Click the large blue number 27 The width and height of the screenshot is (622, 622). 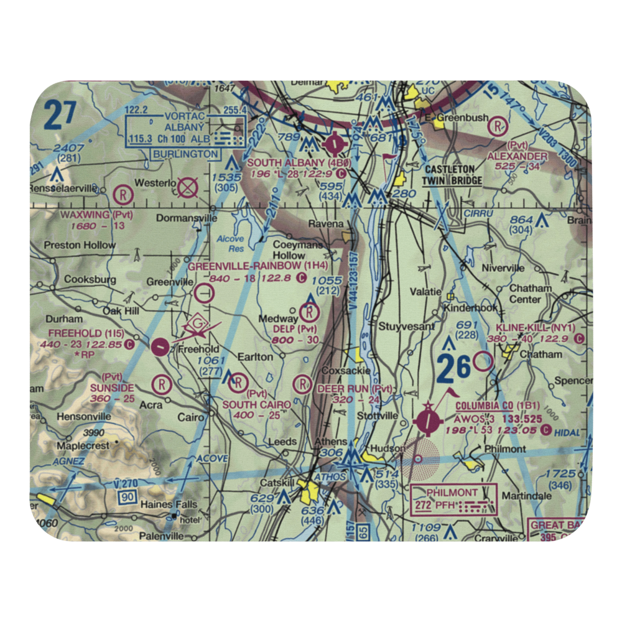click(x=60, y=116)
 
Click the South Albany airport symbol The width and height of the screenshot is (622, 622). click(x=335, y=145)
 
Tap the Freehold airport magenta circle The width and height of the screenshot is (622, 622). click(x=160, y=346)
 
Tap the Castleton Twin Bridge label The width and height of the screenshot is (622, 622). click(x=453, y=175)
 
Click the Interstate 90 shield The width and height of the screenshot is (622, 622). click(x=128, y=496)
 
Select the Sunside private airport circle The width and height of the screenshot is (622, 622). click(x=162, y=384)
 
